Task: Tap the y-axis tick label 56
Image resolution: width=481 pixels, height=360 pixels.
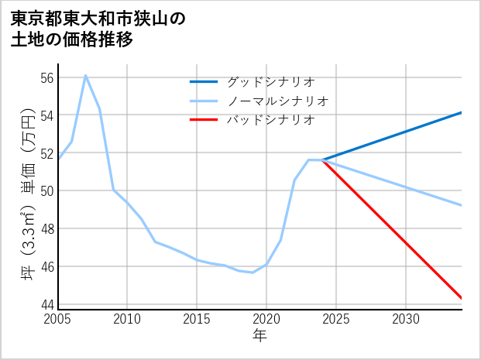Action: (46, 77)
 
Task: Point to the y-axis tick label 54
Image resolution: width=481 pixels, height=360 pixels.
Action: (46, 115)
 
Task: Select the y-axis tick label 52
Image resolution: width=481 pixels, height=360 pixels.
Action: (46, 153)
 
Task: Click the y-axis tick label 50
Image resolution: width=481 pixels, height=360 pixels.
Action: (46, 190)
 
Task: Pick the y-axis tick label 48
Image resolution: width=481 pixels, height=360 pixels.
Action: (46, 228)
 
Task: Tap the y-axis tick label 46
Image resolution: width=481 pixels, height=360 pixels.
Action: (46, 266)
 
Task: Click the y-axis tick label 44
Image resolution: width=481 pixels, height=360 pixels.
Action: (46, 304)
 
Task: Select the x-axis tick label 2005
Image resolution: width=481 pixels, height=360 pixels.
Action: (57, 319)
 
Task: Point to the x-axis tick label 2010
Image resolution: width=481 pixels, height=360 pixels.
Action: (127, 319)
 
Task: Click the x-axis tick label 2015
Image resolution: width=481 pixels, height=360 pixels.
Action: (197, 319)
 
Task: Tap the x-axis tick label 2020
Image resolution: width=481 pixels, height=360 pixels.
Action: (266, 319)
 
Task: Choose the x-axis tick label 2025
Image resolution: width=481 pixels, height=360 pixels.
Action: (336, 319)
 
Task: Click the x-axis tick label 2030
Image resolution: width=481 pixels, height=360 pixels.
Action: (406, 319)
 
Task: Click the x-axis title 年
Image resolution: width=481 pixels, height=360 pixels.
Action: (259, 335)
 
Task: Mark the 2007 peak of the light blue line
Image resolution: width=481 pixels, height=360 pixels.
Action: (85, 75)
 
